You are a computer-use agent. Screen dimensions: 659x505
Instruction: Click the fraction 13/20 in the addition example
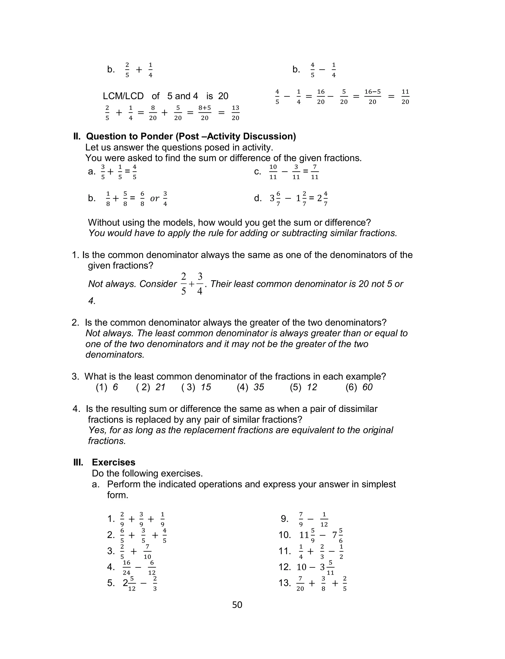[x=235, y=113]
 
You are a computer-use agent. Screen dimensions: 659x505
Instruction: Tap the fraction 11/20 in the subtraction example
[x=405, y=97]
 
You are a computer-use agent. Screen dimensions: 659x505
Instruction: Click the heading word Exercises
[x=113, y=462]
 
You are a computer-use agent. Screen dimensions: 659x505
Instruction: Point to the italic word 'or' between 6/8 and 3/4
[x=155, y=198]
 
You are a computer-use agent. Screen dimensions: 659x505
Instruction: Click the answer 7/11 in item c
[x=315, y=172]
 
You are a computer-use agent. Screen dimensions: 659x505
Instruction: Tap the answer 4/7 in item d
[x=325, y=199]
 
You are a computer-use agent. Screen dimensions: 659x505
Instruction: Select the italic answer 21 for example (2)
[x=161, y=387]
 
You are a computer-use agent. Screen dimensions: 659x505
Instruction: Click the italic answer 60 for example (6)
[x=367, y=387]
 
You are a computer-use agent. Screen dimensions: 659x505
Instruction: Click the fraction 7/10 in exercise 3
[x=147, y=552]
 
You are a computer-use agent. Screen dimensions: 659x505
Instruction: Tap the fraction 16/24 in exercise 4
[x=126, y=568]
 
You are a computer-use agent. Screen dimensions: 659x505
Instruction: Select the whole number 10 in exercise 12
[x=301, y=567]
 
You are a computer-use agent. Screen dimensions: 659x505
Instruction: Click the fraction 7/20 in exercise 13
[x=300, y=583]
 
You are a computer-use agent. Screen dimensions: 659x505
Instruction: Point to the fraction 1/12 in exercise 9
[x=324, y=519]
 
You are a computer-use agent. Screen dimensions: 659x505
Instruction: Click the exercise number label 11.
[x=284, y=551]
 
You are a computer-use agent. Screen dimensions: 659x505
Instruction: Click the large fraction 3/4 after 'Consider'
[x=199, y=284]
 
